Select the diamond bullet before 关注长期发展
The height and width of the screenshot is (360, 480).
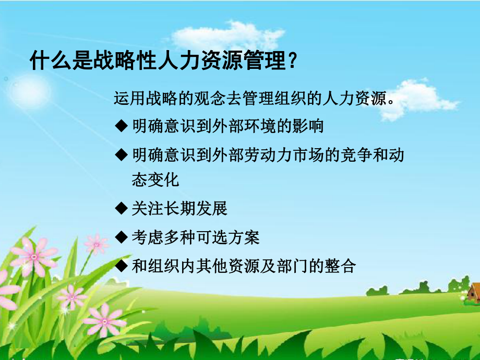pyautogui.click(x=121, y=209)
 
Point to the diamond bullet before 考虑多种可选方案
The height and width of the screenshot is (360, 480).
pyautogui.click(x=121, y=237)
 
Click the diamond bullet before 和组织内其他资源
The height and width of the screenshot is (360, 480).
pyautogui.click(x=121, y=266)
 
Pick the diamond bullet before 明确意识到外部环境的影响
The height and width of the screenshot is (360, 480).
pyautogui.click(x=121, y=126)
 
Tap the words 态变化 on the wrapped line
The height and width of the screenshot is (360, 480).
pyautogui.click(x=156, y=180)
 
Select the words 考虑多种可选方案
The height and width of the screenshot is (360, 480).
pyautogui.click(x=196, y=237)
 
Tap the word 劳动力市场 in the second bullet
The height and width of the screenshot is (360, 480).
pyautogui.click(x=276, y=154)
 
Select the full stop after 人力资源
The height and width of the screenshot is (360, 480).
pyautogui.click(x=390, y=101)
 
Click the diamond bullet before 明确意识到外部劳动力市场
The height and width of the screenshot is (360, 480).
pyautogui.click(x=121, y=154)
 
